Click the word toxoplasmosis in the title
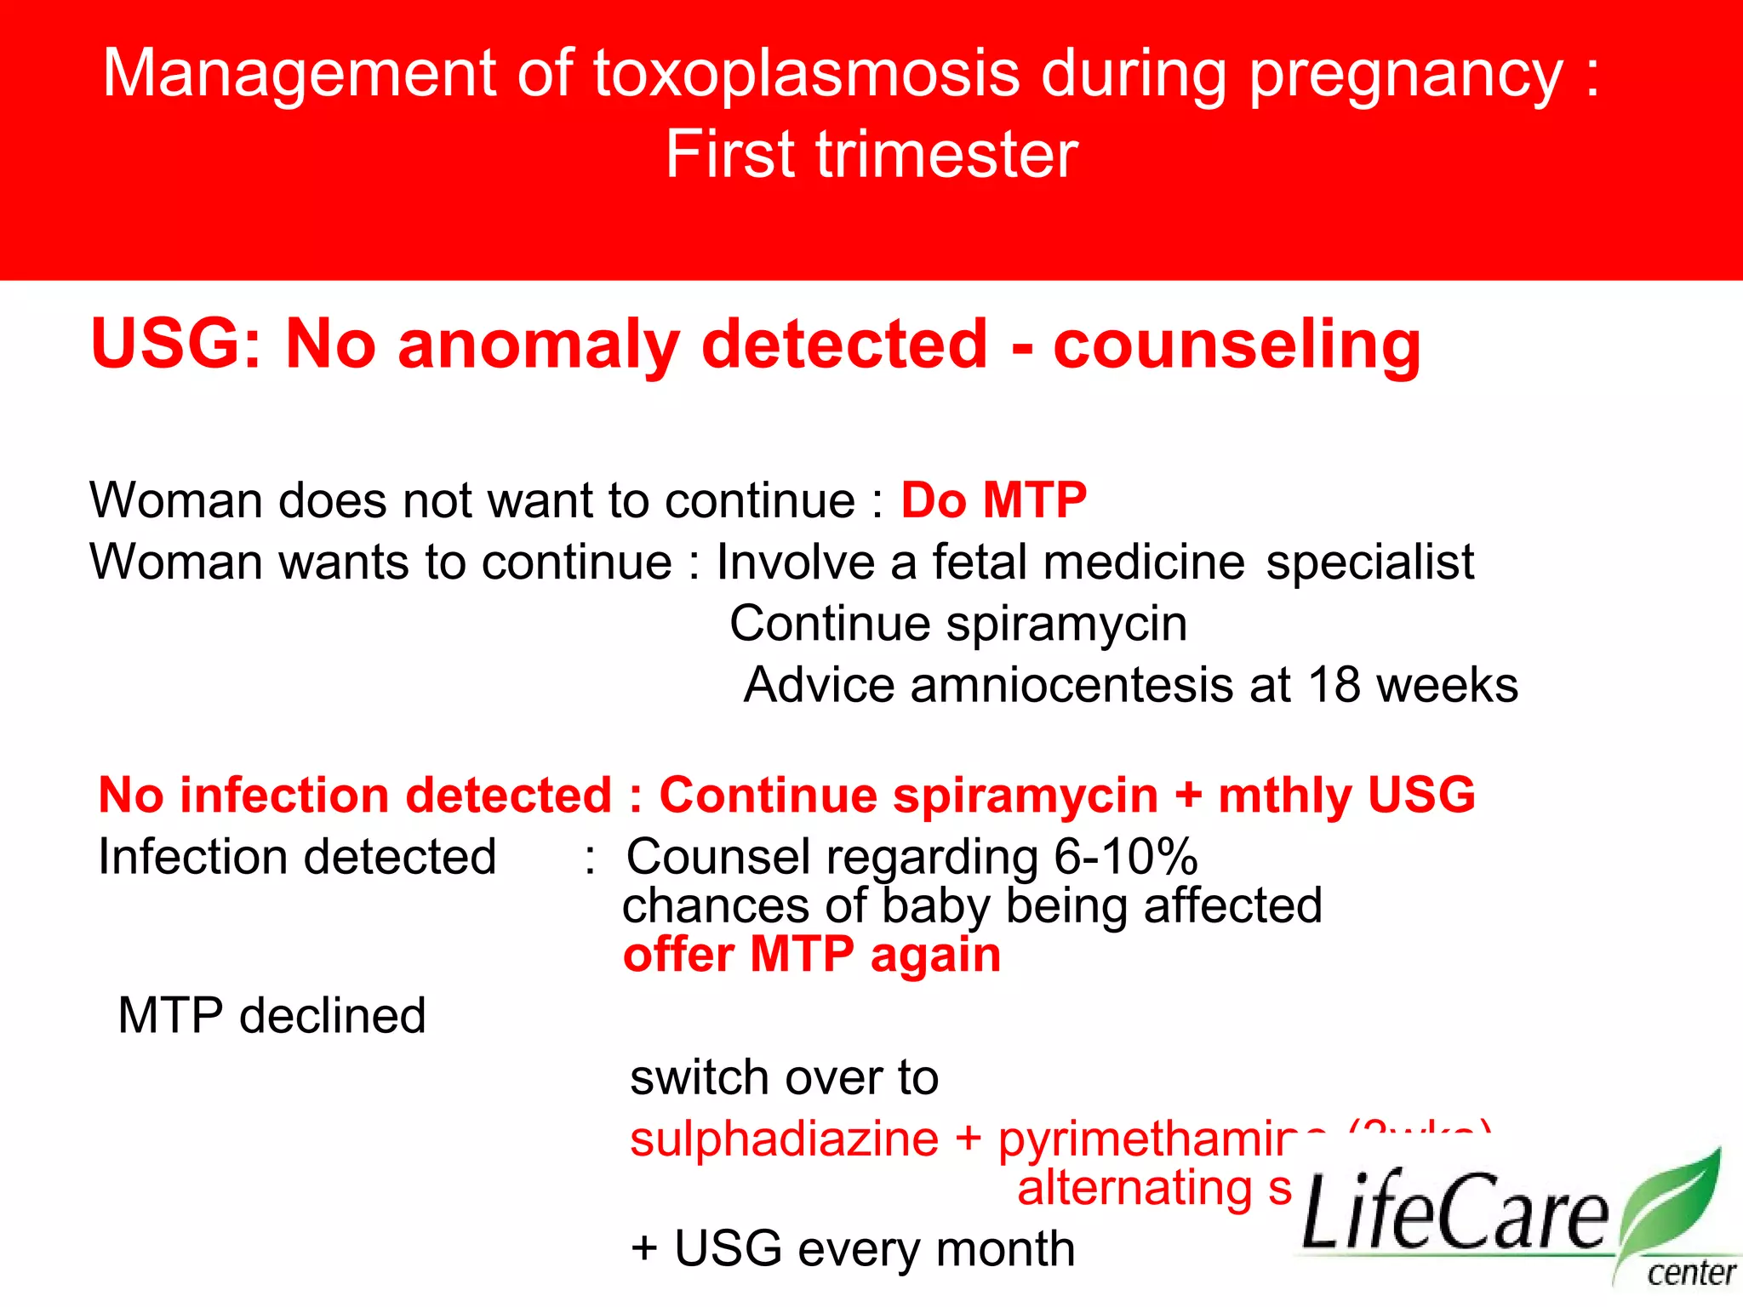coord(805,74)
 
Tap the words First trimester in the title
coord(871,154)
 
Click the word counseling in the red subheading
coord(1237,345)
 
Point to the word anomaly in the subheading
coord(537,345)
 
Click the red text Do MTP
coord(993,499)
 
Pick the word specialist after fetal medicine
coord(1369,562)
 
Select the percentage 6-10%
coord(1125,857)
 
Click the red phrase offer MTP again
coord(811,955)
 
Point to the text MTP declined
coord(271,1016)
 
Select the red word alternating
coord(1134,1188)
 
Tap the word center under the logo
coord(1690,1273)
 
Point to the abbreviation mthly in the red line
coord(1284,796)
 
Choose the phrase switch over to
coord(784,1077)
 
